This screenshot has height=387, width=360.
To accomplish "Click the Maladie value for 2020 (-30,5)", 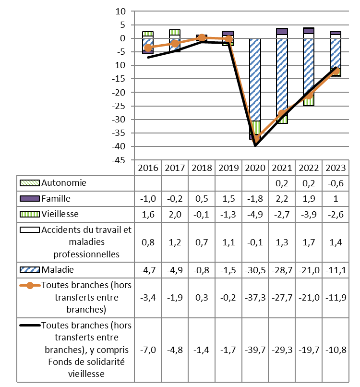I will (x=255, y=269).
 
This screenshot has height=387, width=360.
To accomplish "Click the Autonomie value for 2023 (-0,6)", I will (x=336, y=182).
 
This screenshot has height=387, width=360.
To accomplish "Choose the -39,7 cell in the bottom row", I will (x=255, y=349).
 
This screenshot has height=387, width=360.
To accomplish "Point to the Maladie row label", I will (x=58, y=269).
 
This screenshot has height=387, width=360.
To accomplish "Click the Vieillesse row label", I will (x=60, y=214).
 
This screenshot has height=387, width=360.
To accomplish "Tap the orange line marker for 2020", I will (x=255, y=139).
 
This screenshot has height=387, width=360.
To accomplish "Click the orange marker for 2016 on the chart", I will (x=148, y=48).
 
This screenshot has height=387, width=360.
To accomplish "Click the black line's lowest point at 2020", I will (x=255, y=145).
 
